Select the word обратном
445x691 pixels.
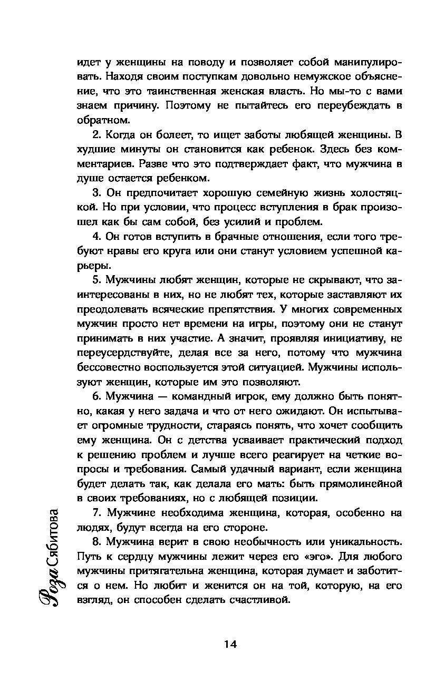click(100, 120)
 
